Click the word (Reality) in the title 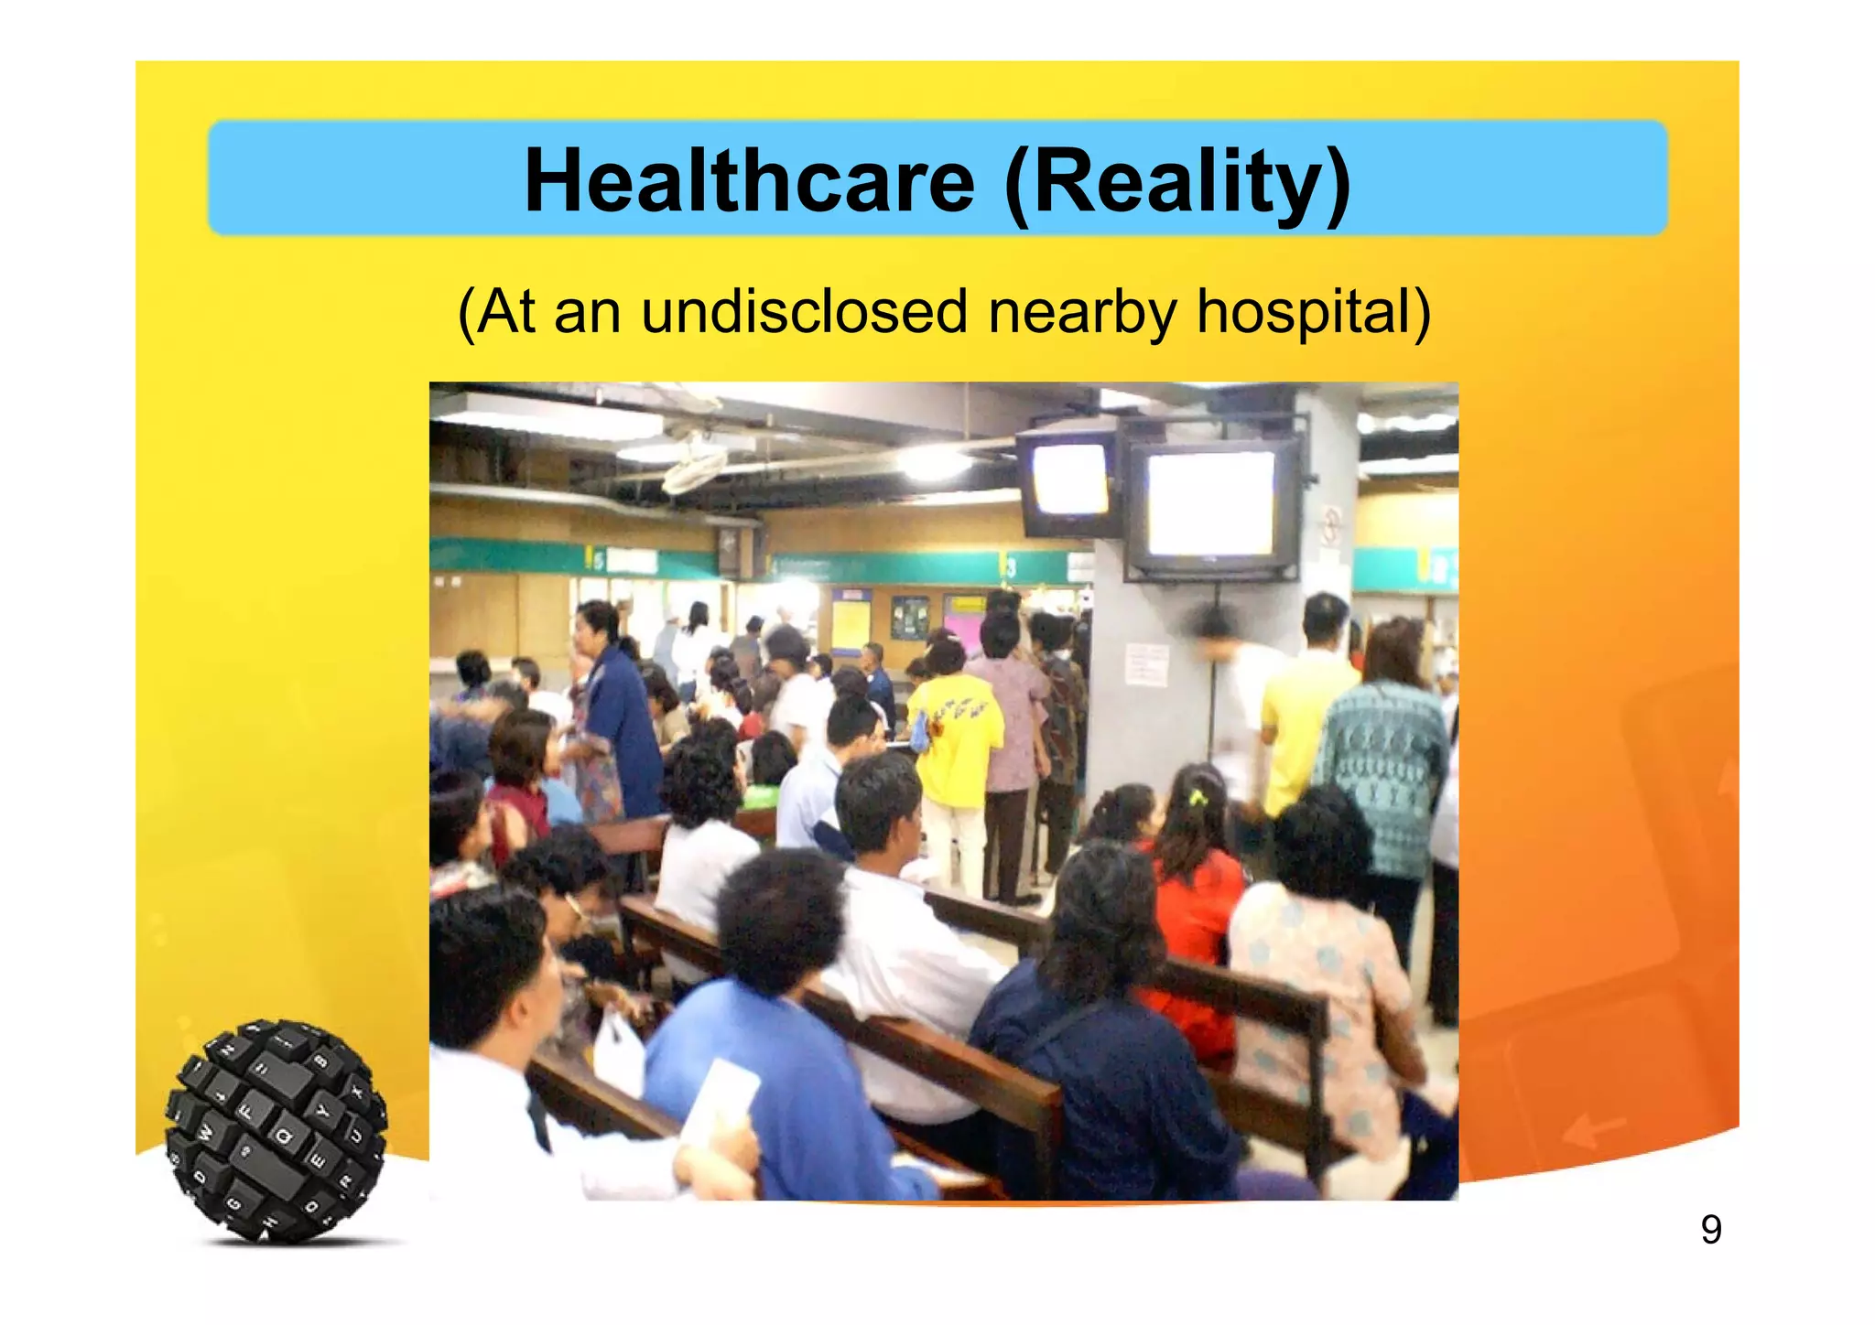click(x=1177, y=182)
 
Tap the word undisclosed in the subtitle click(x=803, y=312)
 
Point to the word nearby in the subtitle click(x=1081, y=312)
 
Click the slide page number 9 click(x=1710, y=1229)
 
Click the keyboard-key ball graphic click(x=276, y=1131)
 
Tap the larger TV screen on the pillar click(x=1210, y=504)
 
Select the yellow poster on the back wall click(x=851, y=621)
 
